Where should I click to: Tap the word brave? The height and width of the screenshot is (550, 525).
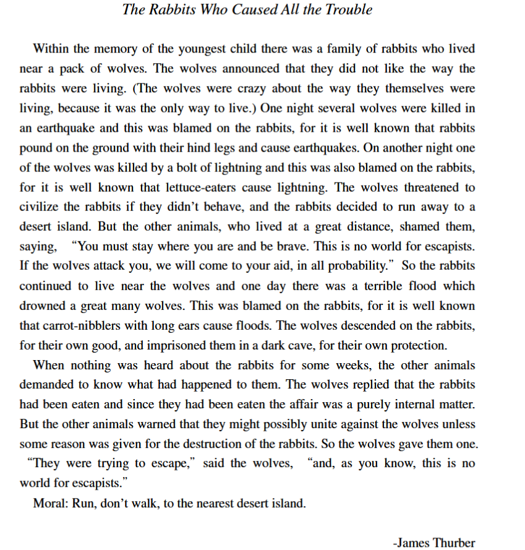(x=289, y=246)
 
